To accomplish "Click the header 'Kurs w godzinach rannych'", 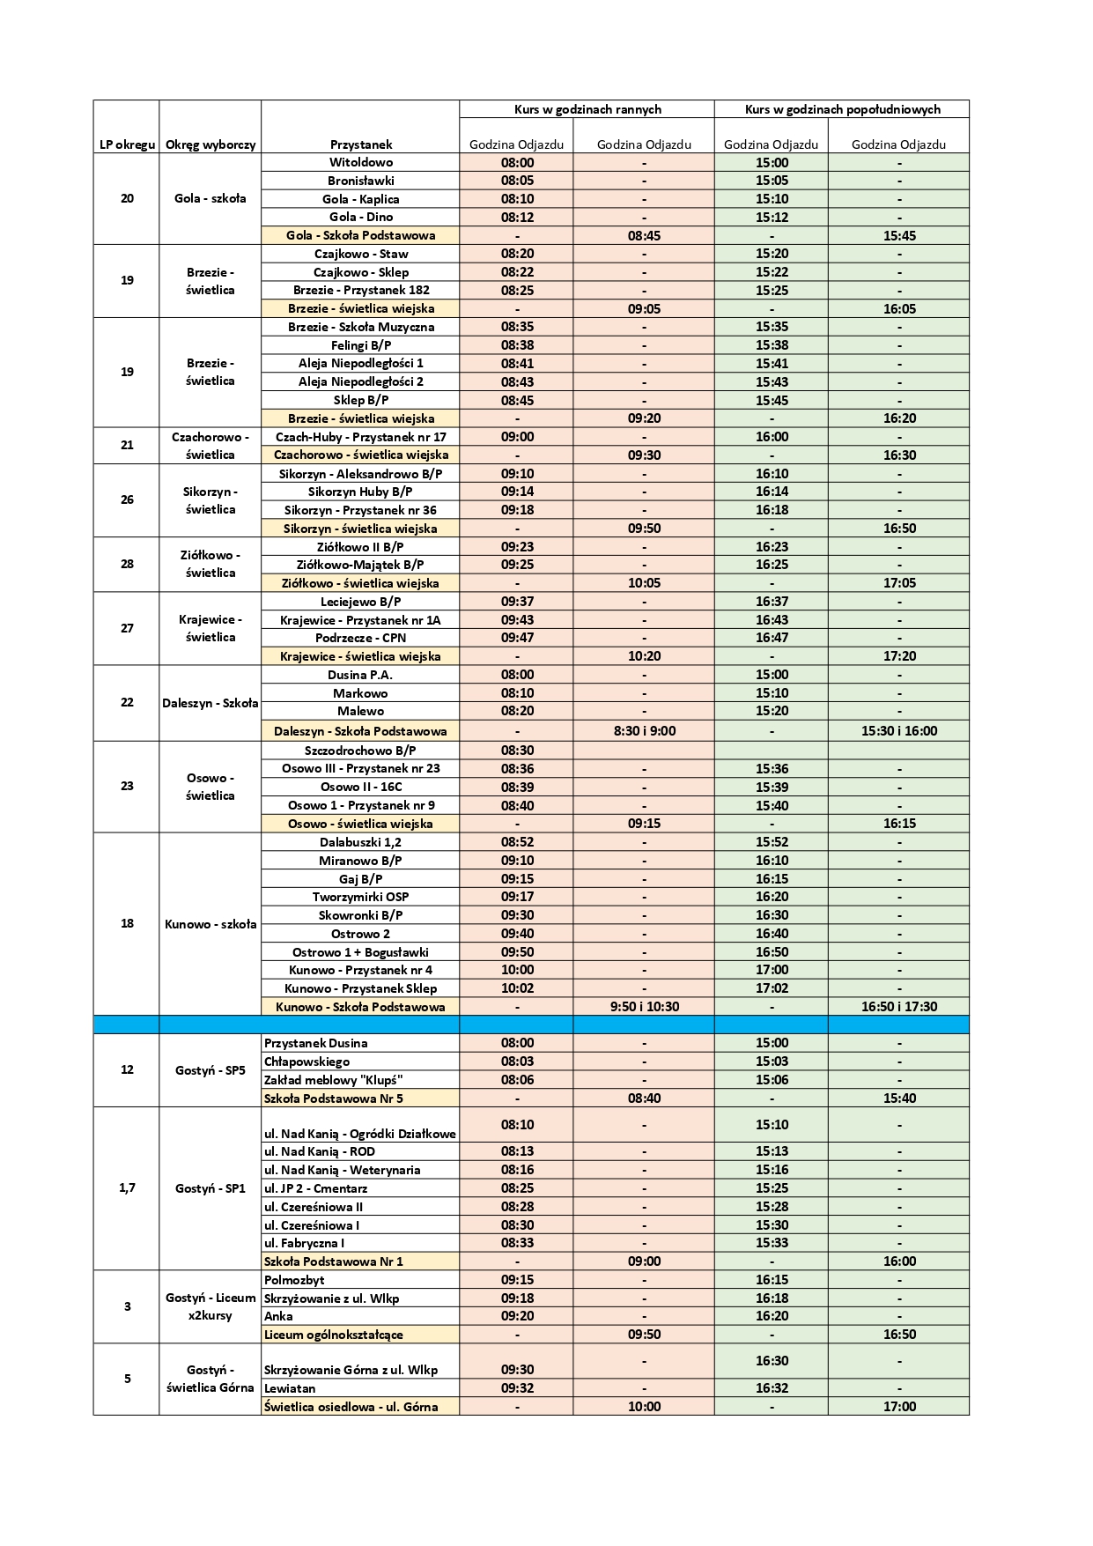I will tap(587, 109).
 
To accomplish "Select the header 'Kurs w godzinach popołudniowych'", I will tap(842, 109).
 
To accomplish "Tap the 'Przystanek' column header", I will tap(360, 144).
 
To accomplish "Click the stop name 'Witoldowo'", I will tap(360, 162).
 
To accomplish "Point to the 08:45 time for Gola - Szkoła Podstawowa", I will tap(644, 235).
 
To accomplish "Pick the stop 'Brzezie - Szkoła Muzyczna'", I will tap(360, 327).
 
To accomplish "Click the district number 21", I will tap(127, 445).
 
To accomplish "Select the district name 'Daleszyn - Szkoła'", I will tap(210, 703).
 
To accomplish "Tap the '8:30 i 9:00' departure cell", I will tap(644, 730).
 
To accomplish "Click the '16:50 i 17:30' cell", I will tap(898, 1006).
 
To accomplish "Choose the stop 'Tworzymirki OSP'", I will tap(360, 897).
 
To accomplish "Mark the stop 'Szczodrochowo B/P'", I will tap(360, 751).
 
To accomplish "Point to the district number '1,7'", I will tap(127, 1187).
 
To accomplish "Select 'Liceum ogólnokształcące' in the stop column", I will tap(333, 1335).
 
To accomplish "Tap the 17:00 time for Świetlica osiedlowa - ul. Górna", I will tap(898, 1407).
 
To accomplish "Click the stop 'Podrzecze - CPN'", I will tap(360, 638).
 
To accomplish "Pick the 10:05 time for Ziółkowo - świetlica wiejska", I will tap(644, 583).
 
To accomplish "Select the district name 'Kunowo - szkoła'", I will tap(210, 924).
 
